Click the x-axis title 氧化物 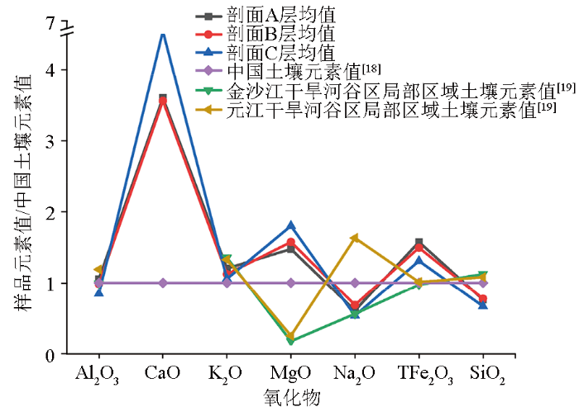291,395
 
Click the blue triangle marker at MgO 291,225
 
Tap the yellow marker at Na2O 355,239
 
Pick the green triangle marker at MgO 291,341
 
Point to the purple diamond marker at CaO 163,283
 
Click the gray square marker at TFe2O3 419,243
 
